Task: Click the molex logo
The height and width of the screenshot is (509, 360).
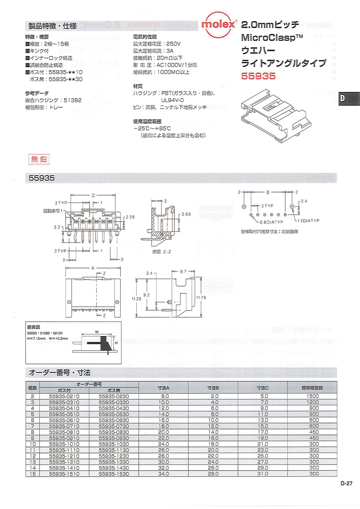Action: coord(218,25)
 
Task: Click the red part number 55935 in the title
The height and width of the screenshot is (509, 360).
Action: coord(258,76)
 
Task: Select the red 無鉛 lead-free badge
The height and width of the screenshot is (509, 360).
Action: coord(39,159)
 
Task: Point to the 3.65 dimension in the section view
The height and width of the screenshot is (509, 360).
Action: coord(186,214)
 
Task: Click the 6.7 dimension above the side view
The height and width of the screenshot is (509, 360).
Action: coord(184,272)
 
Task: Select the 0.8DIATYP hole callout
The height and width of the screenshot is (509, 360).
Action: coord(272,222)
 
